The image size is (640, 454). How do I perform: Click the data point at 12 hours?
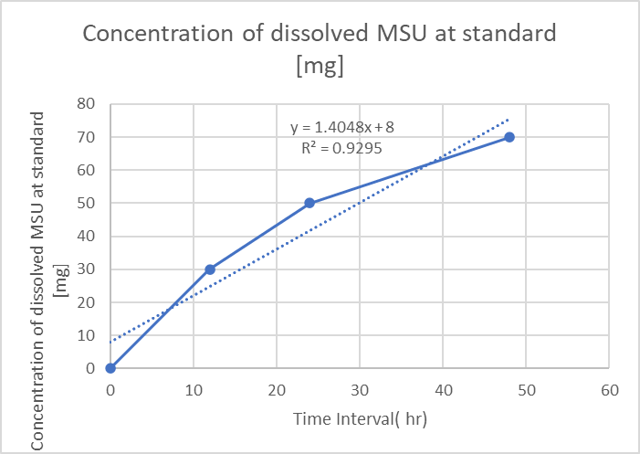click(210, 269)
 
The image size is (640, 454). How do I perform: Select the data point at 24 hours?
click(310, 203)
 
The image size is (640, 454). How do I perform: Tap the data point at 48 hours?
click(509, 137)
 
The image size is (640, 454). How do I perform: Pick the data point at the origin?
click(110, 368)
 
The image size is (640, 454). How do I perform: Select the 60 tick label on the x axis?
click(610, 390)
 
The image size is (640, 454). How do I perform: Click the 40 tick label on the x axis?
click(443, 390)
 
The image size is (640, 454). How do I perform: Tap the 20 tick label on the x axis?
click(277, 390)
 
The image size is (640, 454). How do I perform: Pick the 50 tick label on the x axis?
click(527, 390)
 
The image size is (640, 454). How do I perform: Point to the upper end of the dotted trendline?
click(509, 119)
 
